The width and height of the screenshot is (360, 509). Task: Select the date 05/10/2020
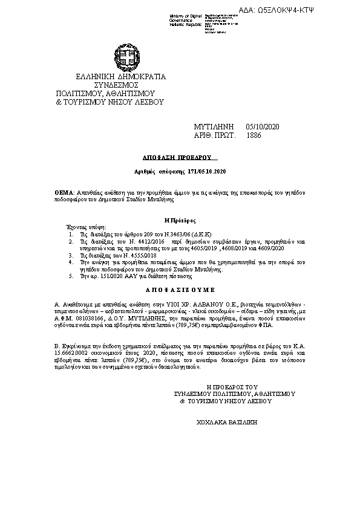coord(263,126)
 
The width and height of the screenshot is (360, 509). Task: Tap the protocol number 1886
coord(255,137)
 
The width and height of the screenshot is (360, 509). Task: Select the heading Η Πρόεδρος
coord(180,221)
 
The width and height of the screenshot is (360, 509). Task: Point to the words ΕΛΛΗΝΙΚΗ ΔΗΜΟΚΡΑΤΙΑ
coord(120,77)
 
